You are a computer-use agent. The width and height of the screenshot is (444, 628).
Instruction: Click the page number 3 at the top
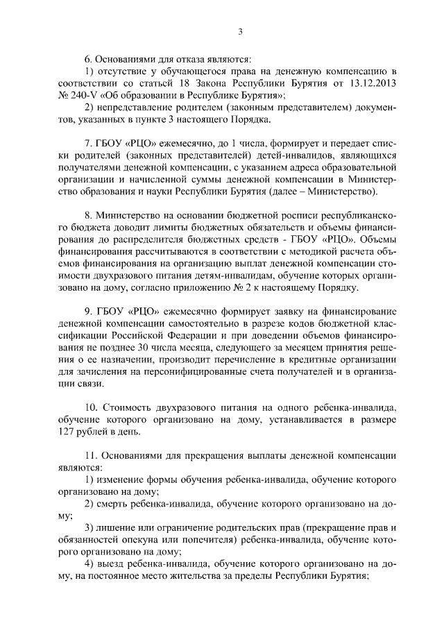[239, 31]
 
